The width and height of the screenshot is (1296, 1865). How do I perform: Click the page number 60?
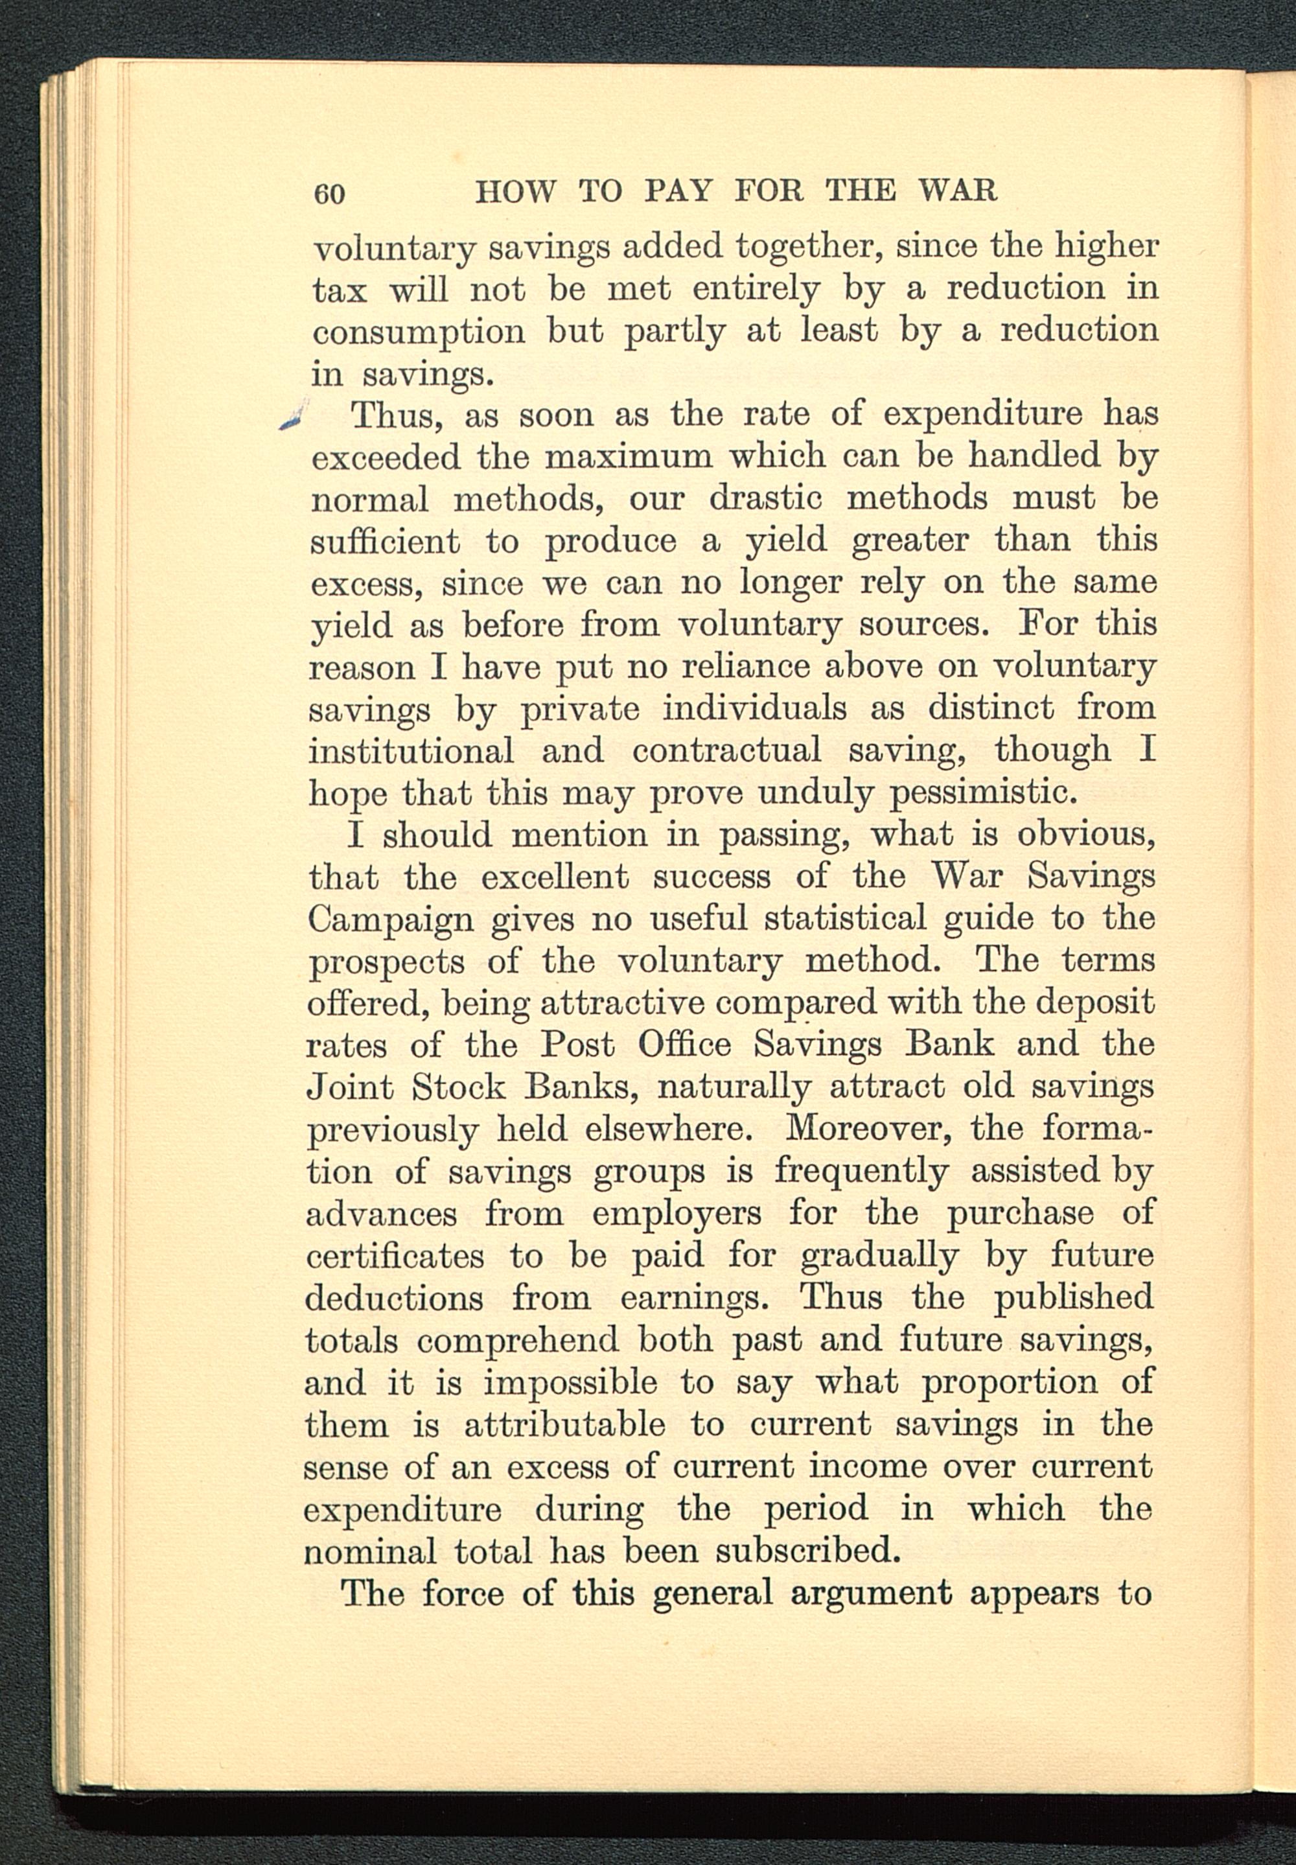coord(330,194)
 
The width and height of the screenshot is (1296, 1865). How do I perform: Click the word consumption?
coord(417,332)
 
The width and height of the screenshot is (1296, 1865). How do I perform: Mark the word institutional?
coord(411,750)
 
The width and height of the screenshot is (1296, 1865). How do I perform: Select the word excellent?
coord(555,877)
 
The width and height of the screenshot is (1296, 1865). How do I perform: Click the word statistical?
coord(844,919)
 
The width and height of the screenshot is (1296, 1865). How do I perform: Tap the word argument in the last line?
coord(872,1593)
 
